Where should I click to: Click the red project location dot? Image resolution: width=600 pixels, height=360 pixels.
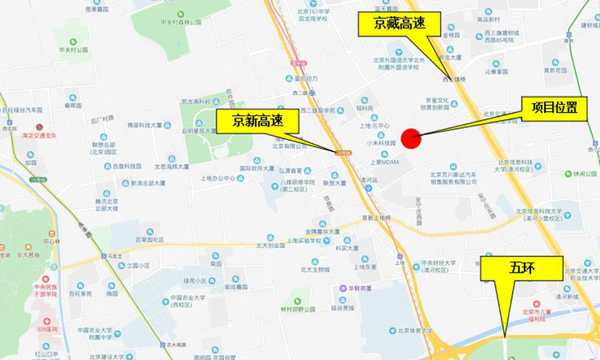tap(411, 138)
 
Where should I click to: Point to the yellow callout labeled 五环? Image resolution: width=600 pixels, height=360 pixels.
tap(521, 269)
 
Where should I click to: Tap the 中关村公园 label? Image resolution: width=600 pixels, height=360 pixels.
tap(74, 50)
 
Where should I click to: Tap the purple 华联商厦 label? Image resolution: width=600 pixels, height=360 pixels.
tap(357, 289)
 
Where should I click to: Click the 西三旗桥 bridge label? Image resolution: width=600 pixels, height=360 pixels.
tap(458, 79)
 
